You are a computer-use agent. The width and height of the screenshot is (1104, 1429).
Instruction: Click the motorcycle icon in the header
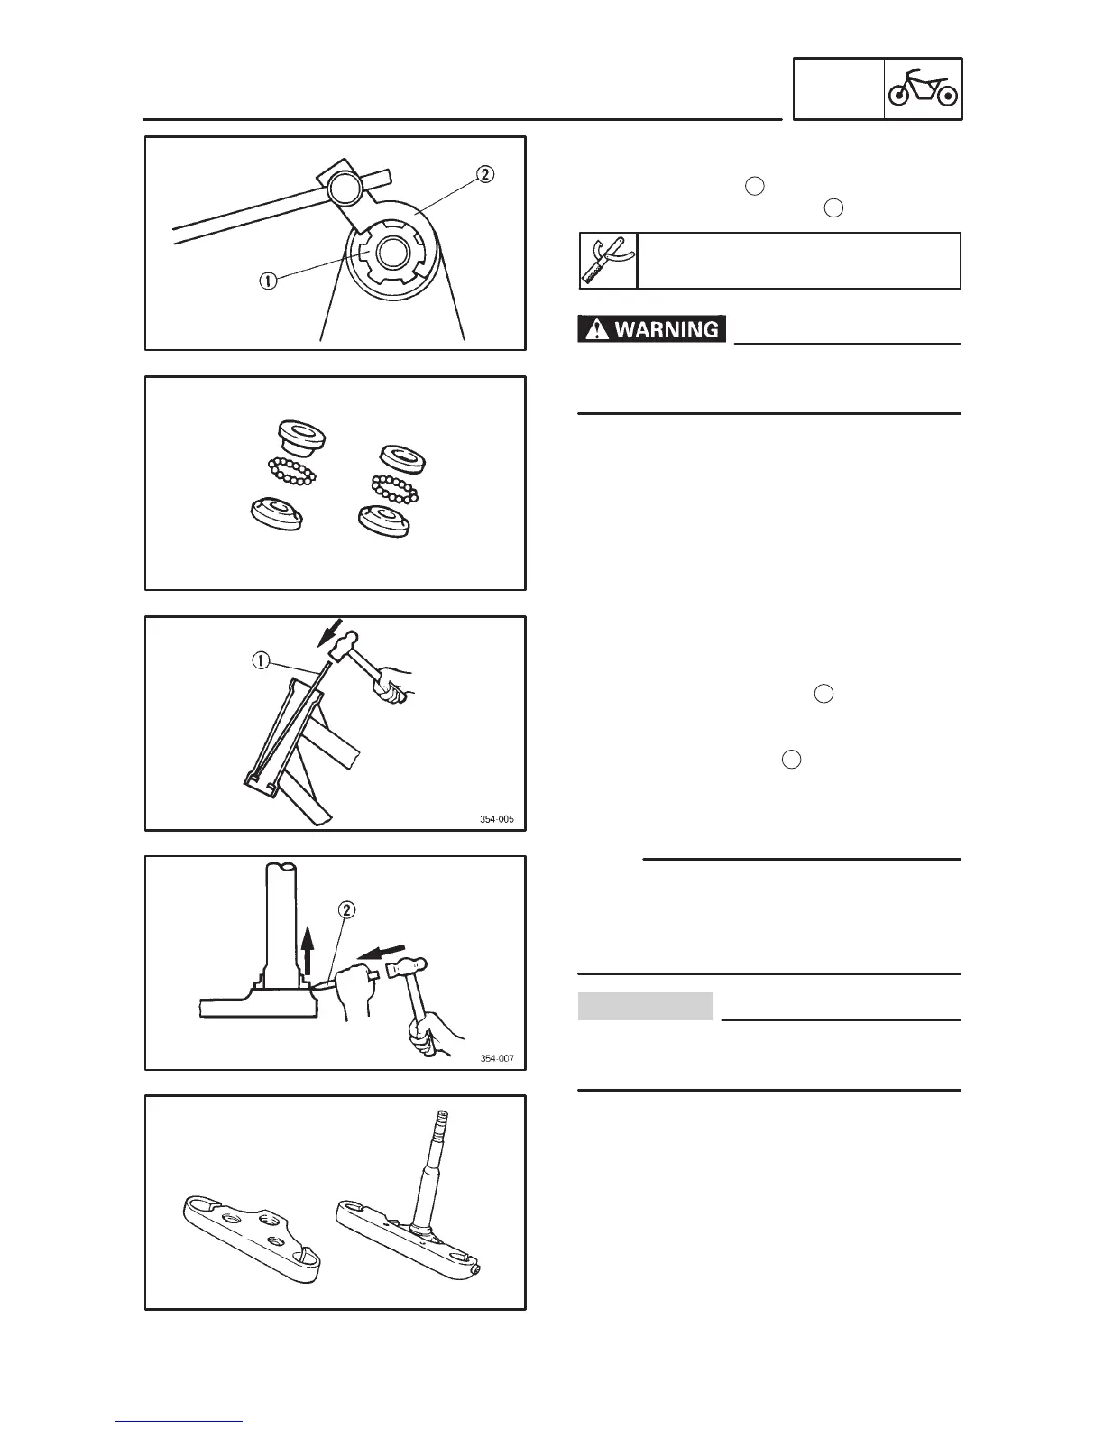[x=923, y=89]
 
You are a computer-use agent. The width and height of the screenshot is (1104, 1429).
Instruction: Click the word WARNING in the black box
[x=667, y=329]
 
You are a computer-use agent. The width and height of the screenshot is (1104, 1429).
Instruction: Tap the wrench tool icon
[x=607, y=261]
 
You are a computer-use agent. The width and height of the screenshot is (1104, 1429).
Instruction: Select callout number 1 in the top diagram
[x=269, y=281]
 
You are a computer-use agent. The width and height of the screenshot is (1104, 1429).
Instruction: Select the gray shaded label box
[x=645, y=1006]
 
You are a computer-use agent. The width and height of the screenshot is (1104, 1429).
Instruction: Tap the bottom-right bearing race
[x=386, y=520]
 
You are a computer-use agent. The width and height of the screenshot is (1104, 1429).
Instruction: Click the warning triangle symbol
[x=595, y=329]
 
